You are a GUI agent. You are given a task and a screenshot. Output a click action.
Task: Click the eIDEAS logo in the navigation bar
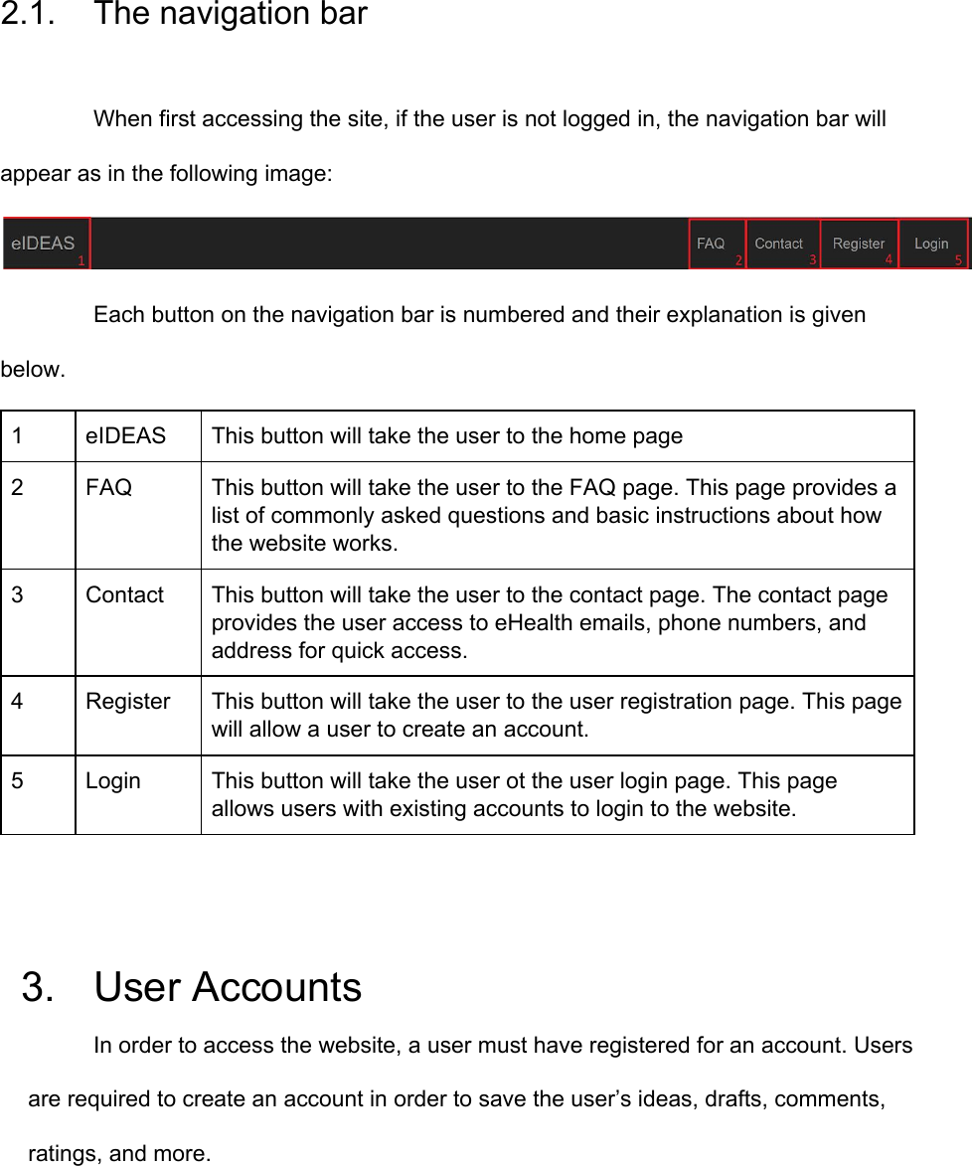click(x=43, y=244)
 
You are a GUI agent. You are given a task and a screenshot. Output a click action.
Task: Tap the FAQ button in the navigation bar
click(x=711, y=244)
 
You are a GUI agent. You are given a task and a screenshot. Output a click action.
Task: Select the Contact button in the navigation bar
click(x=778, y=244)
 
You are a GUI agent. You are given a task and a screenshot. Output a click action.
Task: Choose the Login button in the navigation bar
click(x=931, y=244)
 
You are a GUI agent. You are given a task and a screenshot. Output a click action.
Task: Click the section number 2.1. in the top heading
click(x=33, y=15)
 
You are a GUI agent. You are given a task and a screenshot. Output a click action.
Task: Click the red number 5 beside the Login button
click(x=958, y=260)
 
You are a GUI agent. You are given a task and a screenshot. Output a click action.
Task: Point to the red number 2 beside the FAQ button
click(x=738, y=260)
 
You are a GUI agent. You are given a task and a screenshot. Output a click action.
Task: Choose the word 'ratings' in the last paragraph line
click(x=64, y=1154)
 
